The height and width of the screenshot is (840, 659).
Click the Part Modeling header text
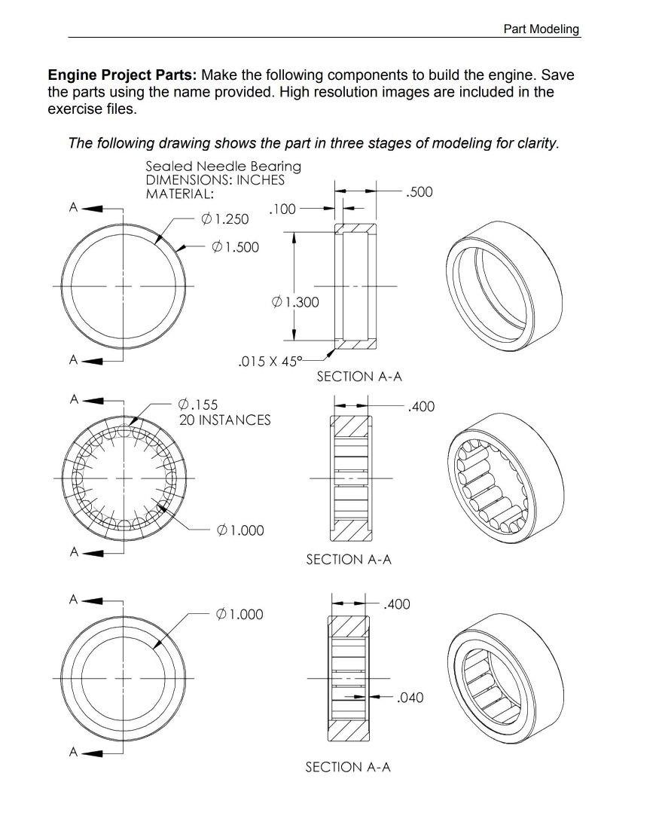541,29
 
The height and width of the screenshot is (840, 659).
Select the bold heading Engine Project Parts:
123,75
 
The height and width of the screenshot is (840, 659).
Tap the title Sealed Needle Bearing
223,166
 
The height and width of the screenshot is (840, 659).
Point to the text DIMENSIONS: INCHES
215,180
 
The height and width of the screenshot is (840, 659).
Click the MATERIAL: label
179,194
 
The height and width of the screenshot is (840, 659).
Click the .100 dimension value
282,209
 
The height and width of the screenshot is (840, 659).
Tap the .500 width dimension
419,192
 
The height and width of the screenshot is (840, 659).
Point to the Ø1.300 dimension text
294,302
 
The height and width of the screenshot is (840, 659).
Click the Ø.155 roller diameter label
198,405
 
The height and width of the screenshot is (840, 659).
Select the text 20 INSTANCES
224,420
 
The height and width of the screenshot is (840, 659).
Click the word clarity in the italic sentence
536,143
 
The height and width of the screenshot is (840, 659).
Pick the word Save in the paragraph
559,75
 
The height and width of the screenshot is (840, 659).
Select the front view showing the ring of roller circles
124,478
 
